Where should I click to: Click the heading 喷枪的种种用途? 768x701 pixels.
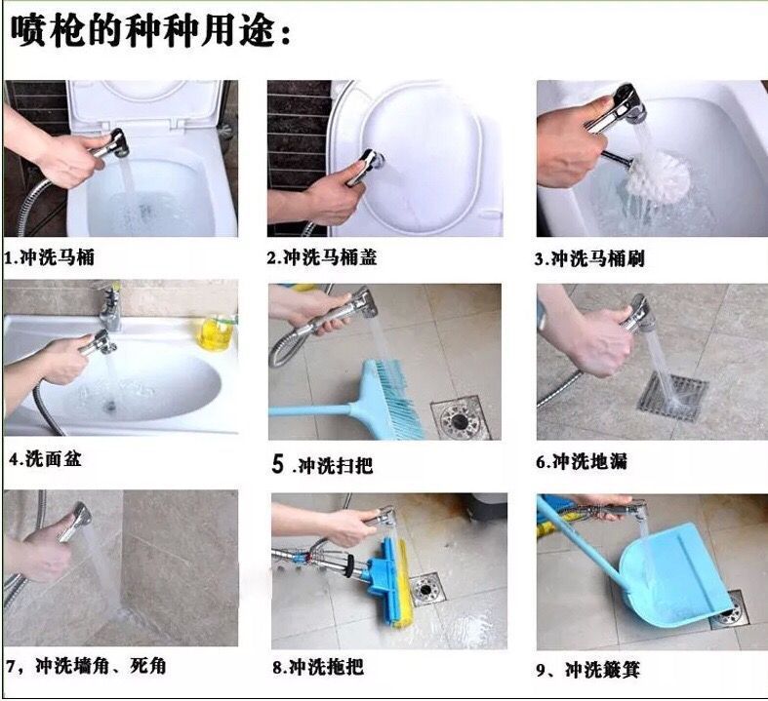click(x=151, y=32)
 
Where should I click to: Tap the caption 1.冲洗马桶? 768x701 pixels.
click(x=50, y=257)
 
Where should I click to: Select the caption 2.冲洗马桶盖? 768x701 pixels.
click(x=322, y=257)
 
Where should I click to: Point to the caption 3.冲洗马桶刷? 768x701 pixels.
click(x=589, y=258)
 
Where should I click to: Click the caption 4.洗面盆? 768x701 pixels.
click(x=45, y=459)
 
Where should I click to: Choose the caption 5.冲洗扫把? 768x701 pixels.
click(x=322, y=464)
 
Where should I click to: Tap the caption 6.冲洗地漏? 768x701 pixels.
click(x=582, y=461)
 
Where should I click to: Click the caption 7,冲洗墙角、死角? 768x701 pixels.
click(x=86, y=666)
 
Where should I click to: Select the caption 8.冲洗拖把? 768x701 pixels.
click(x=318, y=667)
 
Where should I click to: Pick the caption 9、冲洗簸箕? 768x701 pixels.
click(x=588, y=670)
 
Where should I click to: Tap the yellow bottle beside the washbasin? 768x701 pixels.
click(x=216, y=333)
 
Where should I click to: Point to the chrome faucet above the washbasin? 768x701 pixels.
click(x=110, y=307)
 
